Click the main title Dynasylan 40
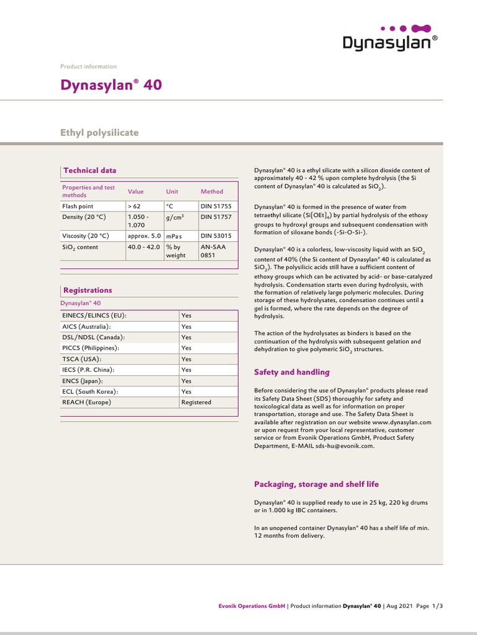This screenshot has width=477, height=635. [111, 85]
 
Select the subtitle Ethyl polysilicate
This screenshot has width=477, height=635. [99, 133]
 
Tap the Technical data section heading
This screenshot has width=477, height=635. [89, 171]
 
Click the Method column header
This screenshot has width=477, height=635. [211, 192]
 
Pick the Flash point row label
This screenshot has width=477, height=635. [78, 206]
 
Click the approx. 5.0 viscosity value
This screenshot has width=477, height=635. [144, 236]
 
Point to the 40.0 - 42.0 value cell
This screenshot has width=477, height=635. [143, 247]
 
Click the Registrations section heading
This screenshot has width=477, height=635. [88, 290]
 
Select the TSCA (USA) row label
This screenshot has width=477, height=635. [81, 359]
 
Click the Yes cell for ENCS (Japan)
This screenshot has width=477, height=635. [186, 381]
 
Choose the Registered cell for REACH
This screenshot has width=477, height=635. [196, 402]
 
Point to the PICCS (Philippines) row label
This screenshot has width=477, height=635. [91, 349]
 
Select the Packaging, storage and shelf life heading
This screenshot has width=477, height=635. [316, 484]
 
